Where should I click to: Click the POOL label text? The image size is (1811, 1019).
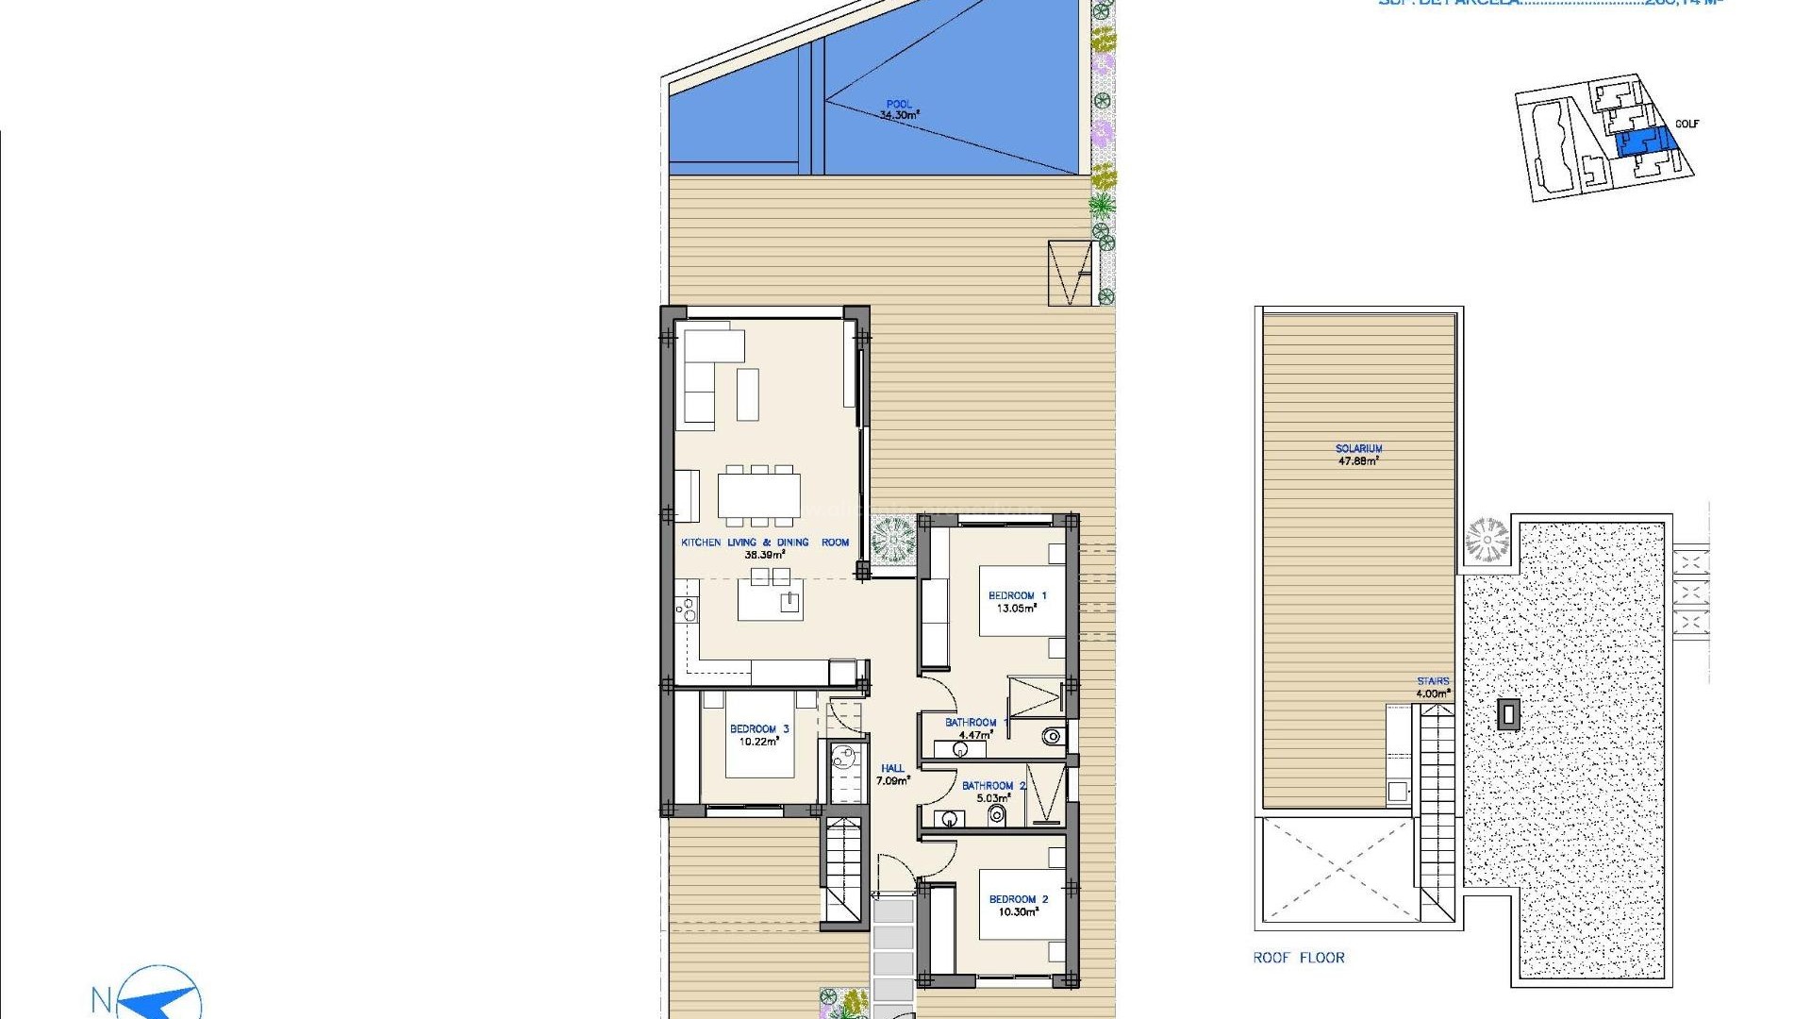899,105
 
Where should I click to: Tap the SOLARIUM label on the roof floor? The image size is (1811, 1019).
1358,449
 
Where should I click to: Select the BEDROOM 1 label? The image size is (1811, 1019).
1017,596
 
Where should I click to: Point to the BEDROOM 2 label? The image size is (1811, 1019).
1018,899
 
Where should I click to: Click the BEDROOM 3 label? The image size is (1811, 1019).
759,729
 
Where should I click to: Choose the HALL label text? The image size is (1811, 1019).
892,769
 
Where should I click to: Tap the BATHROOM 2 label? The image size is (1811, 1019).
993,786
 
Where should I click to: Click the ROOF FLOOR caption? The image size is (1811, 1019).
1299,958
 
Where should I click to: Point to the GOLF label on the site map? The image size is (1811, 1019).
1686,125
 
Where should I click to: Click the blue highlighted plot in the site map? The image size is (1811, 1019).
1646,142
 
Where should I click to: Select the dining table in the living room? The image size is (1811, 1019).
758,495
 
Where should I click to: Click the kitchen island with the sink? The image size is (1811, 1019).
770,601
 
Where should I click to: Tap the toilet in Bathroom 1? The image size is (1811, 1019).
1053,737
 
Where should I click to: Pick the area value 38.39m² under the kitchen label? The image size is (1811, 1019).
765,556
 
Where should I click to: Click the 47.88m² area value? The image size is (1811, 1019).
1358,461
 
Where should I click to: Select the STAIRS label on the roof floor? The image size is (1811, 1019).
1432,681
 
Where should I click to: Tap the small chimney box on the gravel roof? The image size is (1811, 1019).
1508,714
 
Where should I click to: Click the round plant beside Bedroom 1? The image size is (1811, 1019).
891,540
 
